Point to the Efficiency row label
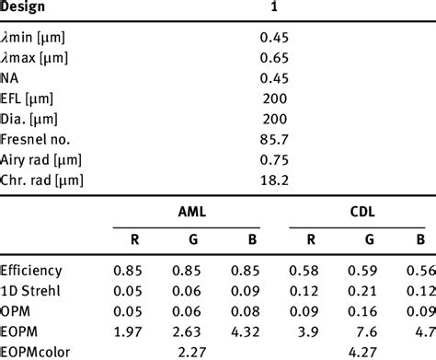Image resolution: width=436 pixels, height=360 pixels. click(32, 269)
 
